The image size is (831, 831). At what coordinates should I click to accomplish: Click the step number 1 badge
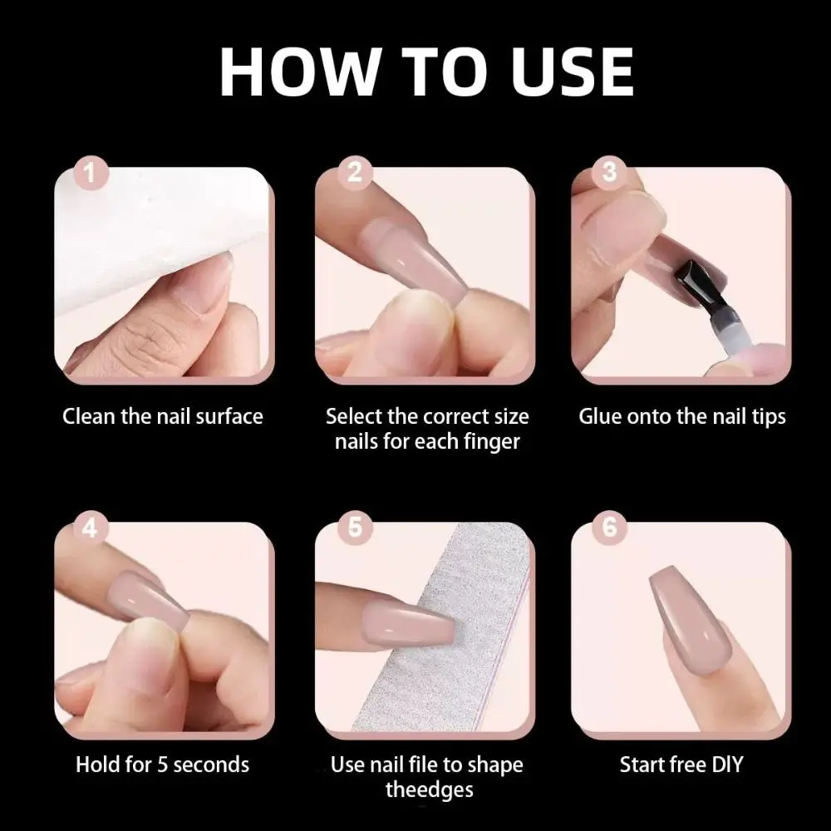91,174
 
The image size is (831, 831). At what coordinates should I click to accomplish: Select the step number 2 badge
355,173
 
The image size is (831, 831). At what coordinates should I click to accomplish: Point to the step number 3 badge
609,172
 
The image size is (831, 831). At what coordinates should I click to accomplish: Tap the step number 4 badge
91,529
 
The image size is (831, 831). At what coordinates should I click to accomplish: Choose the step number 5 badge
355,528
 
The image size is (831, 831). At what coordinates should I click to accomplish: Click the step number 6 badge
609,528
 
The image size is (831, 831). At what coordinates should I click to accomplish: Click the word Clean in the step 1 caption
89,416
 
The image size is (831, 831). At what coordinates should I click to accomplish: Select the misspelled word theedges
430,789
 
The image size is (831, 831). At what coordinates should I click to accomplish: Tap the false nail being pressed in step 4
149,601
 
